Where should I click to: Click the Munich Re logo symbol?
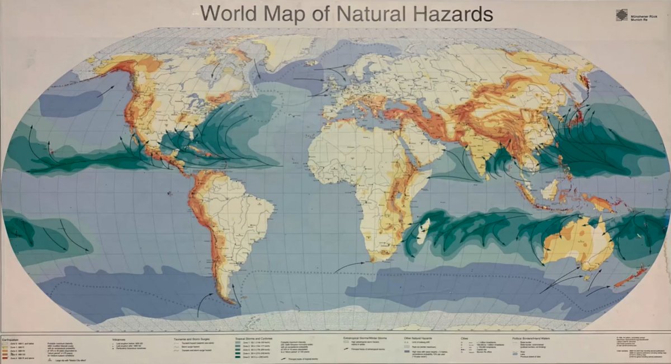[621, 15]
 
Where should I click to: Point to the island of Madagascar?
[423, 233]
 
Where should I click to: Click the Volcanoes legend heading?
[121, 338]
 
